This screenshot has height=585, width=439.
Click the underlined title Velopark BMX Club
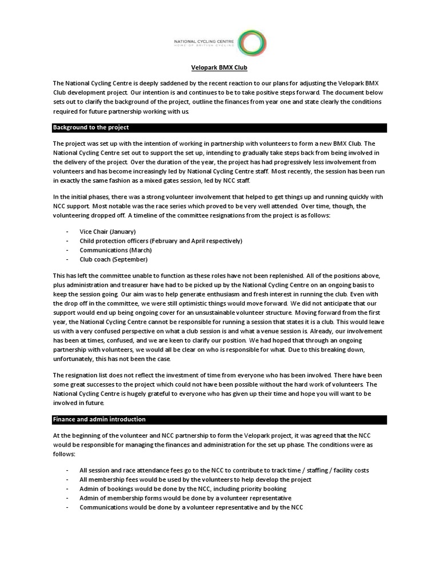(219, 67)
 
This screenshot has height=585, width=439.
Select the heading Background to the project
(91, 127)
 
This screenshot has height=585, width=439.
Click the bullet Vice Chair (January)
(107, 231)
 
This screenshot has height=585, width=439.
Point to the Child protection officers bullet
(161, 241)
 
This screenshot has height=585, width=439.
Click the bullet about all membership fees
(195, 479)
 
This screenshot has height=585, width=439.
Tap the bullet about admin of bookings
(182, 488)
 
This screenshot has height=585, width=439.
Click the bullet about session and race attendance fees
(224, 470)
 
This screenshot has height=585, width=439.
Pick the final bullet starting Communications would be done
(187, 507)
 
